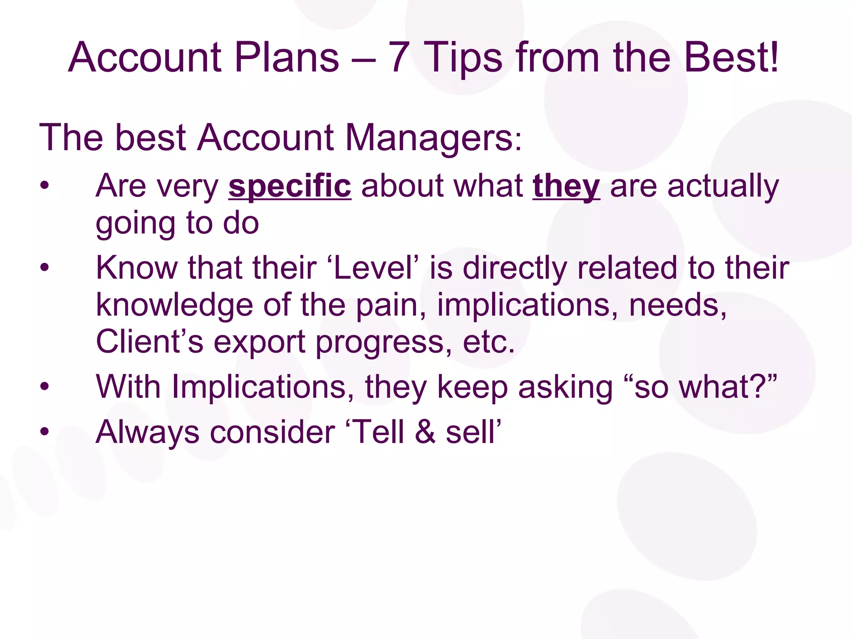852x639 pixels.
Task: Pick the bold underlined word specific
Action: click(290, 186)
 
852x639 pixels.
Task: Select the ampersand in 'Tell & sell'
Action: click(425, 432)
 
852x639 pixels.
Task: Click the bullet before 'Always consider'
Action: click(45, 432)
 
